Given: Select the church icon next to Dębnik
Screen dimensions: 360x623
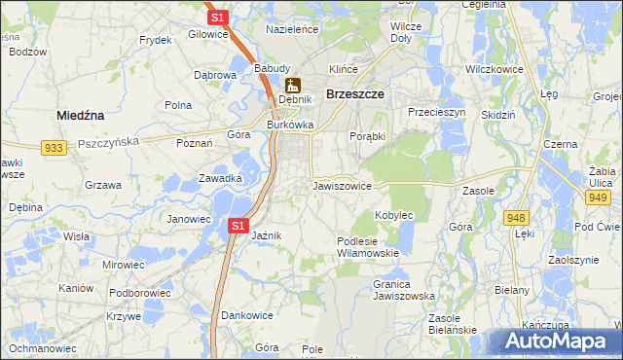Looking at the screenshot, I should (x=291, y=85).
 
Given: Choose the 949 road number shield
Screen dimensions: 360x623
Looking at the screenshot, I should (x=598, y=198).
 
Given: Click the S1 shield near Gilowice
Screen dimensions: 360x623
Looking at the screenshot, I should (x=218, y=18).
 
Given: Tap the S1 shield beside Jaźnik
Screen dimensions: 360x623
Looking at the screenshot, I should (x=237, y=226).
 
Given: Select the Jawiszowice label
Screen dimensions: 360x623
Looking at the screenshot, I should (x=342, y=185).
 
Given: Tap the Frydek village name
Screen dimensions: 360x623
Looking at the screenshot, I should (x=155, y=40).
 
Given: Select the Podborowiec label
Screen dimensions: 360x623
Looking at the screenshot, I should (x=140, y=292).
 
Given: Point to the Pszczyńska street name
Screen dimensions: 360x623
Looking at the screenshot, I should (x=108, y=141).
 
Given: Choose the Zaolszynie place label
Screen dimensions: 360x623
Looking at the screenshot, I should (x=572, y=261).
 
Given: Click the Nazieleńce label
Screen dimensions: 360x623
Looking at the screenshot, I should (x=292, y=30).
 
